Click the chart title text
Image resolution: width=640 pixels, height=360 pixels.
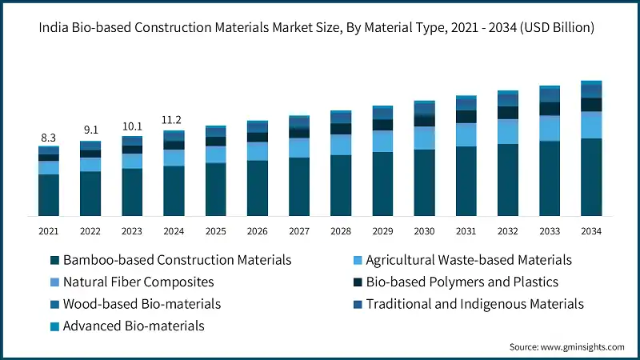[320, 28]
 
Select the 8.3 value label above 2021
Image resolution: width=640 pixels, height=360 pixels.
[49, 138]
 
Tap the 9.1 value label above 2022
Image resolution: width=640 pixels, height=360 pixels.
[90, 130]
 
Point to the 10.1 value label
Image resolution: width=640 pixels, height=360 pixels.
[132, 126]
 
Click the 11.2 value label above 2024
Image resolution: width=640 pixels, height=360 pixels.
[174, 120]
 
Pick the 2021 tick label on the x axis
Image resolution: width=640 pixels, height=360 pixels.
[49, 230]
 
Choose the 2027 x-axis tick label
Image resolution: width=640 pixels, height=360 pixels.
[299, 230]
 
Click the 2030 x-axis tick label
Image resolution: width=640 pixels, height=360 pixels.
[424, 230]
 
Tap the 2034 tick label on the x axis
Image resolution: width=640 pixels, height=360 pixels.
[591, 230]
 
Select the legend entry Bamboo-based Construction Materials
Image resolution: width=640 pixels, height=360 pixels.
[176, 260]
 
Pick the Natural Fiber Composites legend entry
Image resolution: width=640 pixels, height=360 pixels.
[138, 282]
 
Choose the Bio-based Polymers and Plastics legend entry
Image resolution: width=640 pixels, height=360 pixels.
[462, 282]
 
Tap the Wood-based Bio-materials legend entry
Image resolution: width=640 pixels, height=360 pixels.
[142, 304]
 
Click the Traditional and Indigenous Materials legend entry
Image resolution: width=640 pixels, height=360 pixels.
[474, 304]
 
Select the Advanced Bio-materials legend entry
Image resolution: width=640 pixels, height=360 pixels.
[134, 326]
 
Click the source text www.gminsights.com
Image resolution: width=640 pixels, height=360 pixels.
[566, 346]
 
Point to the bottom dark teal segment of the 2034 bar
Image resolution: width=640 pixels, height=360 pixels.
[591, 177]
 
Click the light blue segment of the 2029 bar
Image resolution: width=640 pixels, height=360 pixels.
[382, 141]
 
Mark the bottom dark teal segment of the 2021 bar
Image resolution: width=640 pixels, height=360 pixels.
[49, 195]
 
